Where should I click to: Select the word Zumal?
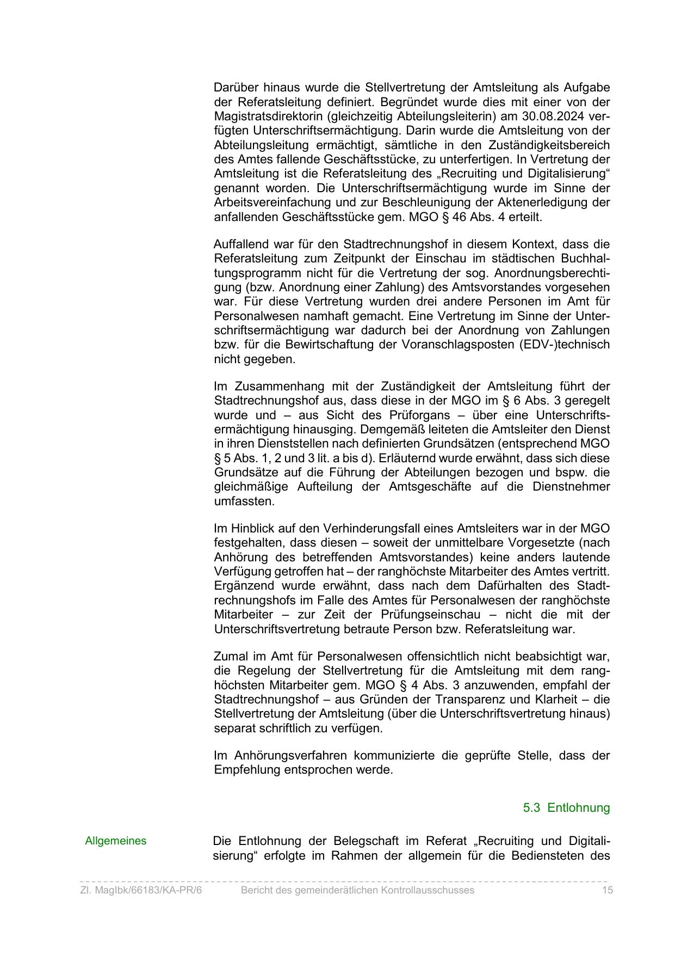click(x=230, y=656)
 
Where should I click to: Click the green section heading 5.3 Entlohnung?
click(x=566, y=807)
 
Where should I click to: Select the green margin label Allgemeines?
click(x=116, y=841)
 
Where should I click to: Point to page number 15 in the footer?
click(x=607, y=890)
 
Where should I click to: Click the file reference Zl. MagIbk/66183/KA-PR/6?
click(x=141, y=890)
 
